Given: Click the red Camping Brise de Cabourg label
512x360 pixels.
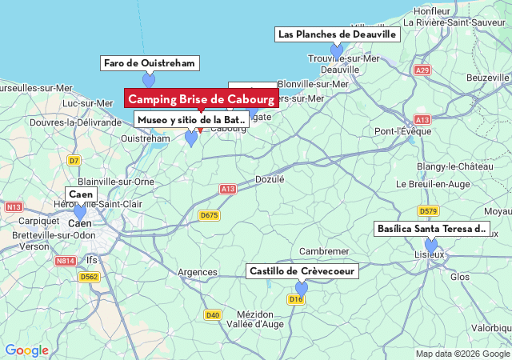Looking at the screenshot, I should (202, 98).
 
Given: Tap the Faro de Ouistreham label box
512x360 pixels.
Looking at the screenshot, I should (150, 63).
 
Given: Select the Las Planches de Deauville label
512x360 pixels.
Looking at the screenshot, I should (337, 34).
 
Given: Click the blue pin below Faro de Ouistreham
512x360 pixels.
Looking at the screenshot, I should (149, 79).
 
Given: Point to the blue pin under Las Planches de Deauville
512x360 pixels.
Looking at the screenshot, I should (337, 50).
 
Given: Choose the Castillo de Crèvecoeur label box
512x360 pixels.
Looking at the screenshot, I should (302, 271).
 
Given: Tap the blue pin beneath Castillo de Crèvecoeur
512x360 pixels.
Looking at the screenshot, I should (302, 287).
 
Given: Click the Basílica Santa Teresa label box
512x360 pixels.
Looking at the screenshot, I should (431, 229).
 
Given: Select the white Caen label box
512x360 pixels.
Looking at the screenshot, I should (81, 194).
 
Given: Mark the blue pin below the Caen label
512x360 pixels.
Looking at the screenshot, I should (79, 211).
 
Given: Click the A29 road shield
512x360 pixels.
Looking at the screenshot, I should (422, 70).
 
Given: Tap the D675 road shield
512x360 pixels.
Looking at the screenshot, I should (209, 215).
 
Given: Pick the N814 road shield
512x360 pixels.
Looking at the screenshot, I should (66, 261).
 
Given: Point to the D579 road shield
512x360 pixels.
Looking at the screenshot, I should (428, 211).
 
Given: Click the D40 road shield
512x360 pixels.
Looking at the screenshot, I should (212, 314).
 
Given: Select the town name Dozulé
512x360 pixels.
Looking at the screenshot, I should (270, 180).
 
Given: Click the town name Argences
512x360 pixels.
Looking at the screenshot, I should (197, 273).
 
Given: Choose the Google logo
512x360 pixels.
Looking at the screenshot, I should (26, 350).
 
